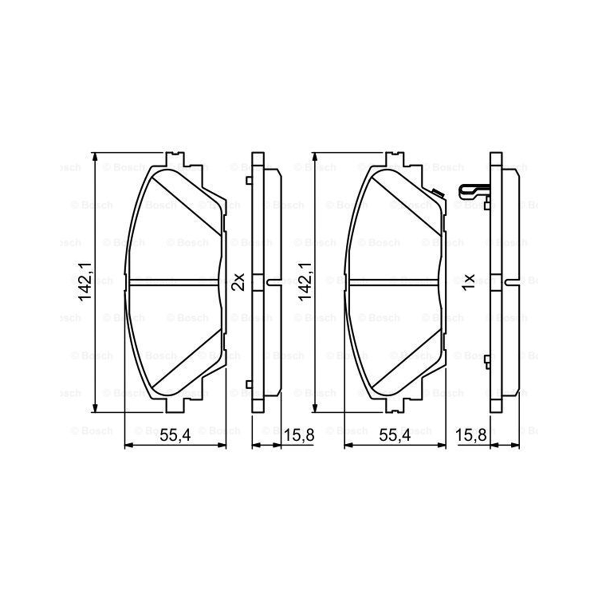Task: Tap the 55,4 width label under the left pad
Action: coord(176,436)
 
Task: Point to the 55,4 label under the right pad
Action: coord(395,436)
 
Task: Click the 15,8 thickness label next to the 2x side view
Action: coord(299,436)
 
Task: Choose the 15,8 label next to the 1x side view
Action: coord(472,436)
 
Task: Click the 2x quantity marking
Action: coord(238,281)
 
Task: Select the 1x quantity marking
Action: coord(468,282)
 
